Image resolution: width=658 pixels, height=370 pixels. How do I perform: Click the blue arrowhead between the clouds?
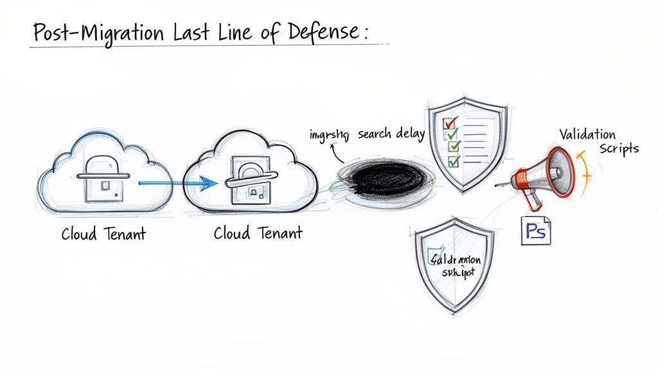(207, 184)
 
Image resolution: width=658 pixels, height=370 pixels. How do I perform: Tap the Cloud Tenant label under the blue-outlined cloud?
(103, 234)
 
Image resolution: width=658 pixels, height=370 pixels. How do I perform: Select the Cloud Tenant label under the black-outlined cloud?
(258, 234)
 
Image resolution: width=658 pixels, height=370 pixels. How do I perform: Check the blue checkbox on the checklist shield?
(454, 161)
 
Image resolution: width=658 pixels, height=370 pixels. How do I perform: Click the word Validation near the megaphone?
(587, 135)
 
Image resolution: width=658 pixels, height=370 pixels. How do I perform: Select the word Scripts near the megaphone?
(619, 148)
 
